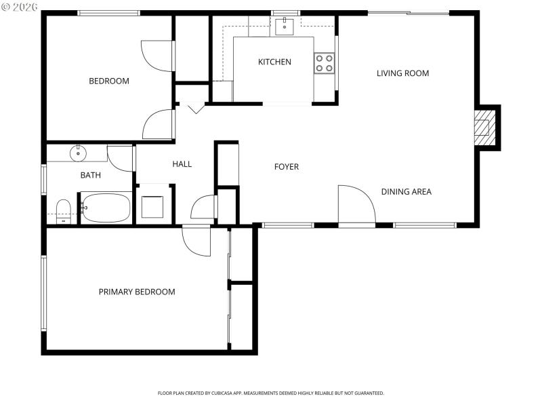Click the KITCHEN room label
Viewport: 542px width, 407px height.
pyautogui.click(x=274, y=62)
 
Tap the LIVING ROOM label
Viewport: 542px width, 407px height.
pyautogui.click(x=402, y=73)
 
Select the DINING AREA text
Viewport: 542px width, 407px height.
pyautogui.click(x=406, y=192)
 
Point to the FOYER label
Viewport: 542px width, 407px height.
pyautogui.click(x=286, y=167)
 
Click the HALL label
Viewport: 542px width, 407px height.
pyautogui.click(x=182, y=164)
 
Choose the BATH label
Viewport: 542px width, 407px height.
pyautogui.click(x=91, y=175)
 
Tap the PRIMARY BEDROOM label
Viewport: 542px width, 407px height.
pyautogui.click(x=137, y=292)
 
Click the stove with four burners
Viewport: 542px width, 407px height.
pyautogui.click(x=325, y=63)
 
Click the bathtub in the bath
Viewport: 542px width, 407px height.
pyautogui.click(x=106, y=208)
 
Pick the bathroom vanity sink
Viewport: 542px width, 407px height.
pyautogui.click(x=79, y=153)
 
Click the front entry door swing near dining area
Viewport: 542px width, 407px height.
pyautogui.click(x=356, y=203)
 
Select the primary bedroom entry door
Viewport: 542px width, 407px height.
pyautogui.click(x=197, y=241)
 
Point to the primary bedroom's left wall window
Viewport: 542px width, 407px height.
pyautogui.click(x=43, y=293)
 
